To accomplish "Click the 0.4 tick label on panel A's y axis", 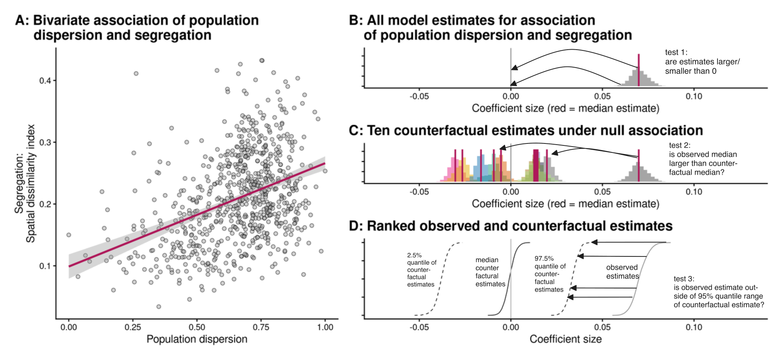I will (x=45, y=81).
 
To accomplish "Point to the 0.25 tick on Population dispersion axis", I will (x=133, y=327).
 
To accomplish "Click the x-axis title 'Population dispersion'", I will (x=197, y=339).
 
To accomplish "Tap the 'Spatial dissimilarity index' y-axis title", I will (x=30, y=183).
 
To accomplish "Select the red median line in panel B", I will (x=639, y=70).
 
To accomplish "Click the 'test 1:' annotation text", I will (x=676, y=52).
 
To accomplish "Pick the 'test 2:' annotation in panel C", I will (x=680, y=145).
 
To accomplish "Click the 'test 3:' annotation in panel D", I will (x=684, y=279).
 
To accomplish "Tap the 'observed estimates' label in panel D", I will (x=622, y=272).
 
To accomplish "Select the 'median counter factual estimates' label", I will (x=490, y=272).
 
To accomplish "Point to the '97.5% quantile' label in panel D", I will (x=550, y=274).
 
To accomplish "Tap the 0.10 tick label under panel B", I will (x=694, y=96).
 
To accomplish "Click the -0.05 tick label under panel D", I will (x=419, y=327).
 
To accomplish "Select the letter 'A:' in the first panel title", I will (x=22, y=20).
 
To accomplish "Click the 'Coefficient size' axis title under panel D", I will (x=565, y=339).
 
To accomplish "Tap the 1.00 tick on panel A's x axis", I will (x=325, y=327).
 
